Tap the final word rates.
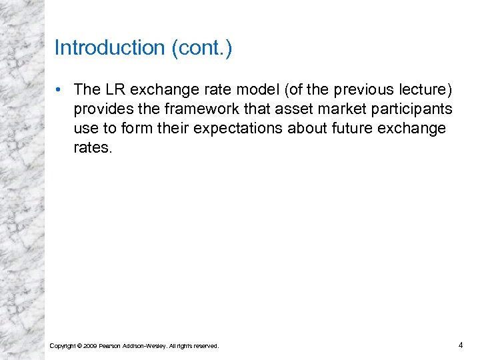92,147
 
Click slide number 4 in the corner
460,345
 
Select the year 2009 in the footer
89,345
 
